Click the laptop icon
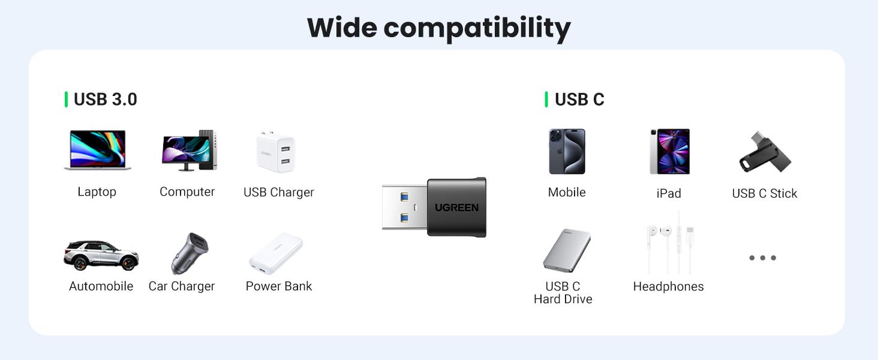tap(97, 150)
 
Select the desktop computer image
tap(189, 150)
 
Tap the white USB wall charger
tap(276, 152)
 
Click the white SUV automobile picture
tap(101, 255)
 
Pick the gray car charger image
tap(189, 253)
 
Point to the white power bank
tap(276, 253)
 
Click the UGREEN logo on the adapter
tap(457, 208)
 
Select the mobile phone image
tap(567, 151)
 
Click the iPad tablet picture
tap(669, 151)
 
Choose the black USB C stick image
tap(764, 152)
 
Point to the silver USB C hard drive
tap(567, 250)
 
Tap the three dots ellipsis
tap(763, 258)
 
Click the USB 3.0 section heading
tap(106, 100)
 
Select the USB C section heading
tap(579, 100)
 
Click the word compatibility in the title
tap(477, 28)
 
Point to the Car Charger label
tap(182, 286)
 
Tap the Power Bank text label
tap(279, 286)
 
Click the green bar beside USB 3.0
tap(66, 100)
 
